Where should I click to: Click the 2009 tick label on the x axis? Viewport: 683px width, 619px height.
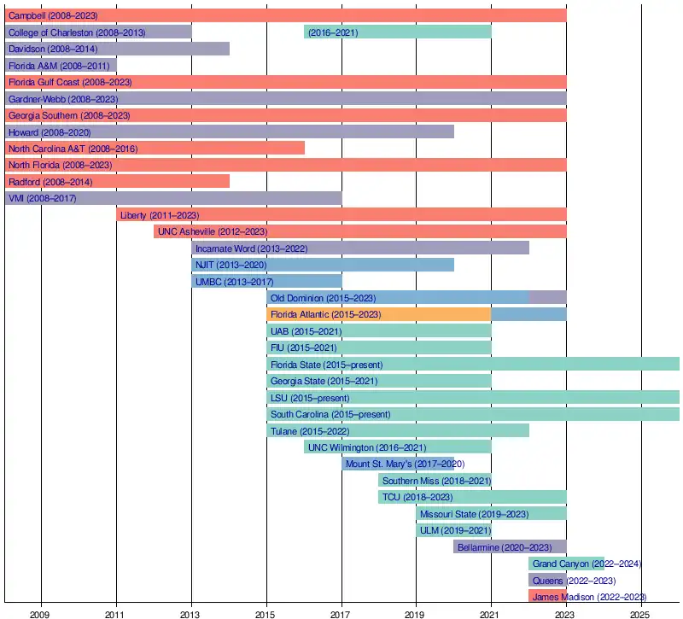pyautogui.click(x=40, y=612)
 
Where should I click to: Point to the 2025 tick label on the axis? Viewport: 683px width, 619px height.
pyautogui.click(x=639, y=612)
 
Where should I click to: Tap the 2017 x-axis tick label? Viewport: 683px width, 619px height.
pyautogui.click(x=341, y=612)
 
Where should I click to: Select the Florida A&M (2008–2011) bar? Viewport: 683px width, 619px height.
pyautogui.click(x=61, y=65)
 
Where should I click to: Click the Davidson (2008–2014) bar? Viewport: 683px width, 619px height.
pyautogui.click(x=117, y=49)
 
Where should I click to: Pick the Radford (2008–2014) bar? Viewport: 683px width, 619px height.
pyautogui.click(x=117, y=181)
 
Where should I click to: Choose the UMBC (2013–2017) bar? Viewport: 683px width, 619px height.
pyautogui.click(x=266, y=281)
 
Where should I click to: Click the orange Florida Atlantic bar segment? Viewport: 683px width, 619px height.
pyautogui.click(x=378, y=314)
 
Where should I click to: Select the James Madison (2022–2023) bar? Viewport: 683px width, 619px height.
pyautogui.click(x=547, y=596)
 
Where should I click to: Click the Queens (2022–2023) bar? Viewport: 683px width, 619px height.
pyautogui.click(x=547, y=580)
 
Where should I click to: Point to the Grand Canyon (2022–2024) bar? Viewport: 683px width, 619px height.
pyautogui.click(x=566, y=564)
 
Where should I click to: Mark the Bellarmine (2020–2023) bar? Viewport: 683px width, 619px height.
pyautogui.click(x=510, y=546)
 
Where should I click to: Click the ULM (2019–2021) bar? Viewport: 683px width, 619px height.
pyautogui.click(x=453, y=530)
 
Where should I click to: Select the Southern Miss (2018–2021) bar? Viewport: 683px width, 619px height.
pyautogui.click(x=435, y=480)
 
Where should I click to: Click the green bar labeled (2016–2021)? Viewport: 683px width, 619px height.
pyautogui.click(x=397, y=32)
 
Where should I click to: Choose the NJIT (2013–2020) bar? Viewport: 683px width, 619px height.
pyautogui.click(x=323, y=265)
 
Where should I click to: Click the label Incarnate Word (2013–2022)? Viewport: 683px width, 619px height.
pyautogui.click(x=251, y=248)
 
